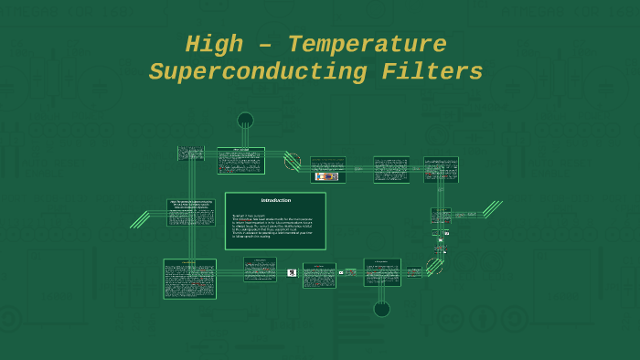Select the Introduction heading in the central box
pos(275,200)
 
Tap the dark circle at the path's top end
pos(245,120)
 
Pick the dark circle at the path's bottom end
pos(382,309)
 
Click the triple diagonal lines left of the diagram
pos(139,219)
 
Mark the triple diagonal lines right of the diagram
pos(493,209)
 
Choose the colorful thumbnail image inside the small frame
pos(326,176)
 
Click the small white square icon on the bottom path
pos(292,272)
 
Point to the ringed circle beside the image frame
pos(293,162)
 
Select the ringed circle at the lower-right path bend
pos(434,268)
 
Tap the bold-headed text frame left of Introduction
pos(191,213)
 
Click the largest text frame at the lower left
pos(189,279)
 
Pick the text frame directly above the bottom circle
pos(382,272)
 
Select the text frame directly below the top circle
pos(240,160)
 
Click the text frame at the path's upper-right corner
pos(441,169)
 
